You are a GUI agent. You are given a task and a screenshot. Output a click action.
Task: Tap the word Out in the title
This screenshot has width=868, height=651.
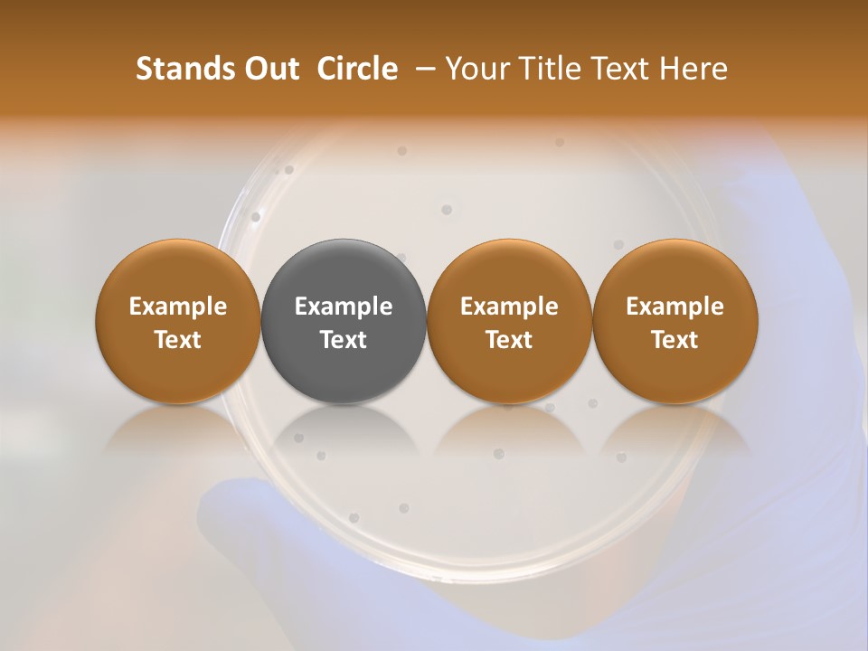tap(270, 69)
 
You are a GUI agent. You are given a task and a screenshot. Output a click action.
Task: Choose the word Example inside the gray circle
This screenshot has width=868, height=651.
tap(344, 307)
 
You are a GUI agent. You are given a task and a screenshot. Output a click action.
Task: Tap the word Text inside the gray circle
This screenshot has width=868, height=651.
tap(344, 340)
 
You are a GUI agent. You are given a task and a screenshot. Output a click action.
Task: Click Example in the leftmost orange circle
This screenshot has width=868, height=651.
tap(178, 307)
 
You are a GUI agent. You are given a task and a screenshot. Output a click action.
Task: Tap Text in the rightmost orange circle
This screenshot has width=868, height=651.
tap(675, 340)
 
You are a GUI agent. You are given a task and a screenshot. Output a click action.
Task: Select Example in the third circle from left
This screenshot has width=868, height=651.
tap(509, 307)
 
